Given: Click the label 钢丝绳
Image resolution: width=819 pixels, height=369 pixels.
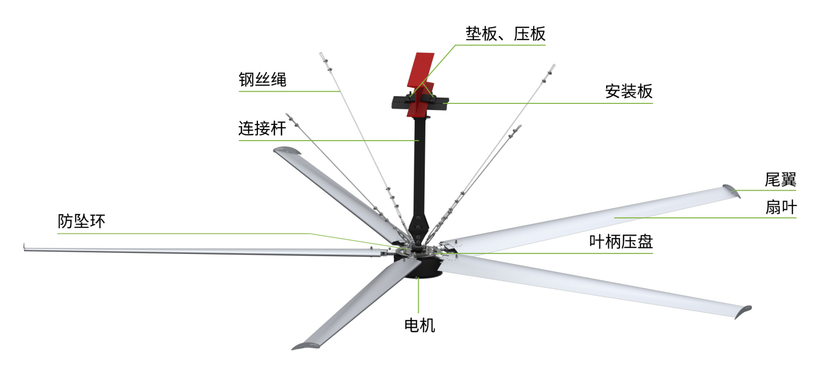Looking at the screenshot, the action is [262, 79].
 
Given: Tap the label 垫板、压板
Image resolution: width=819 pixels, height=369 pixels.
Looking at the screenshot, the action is [505, 33].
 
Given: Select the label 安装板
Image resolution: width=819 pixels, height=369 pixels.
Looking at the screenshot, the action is [628, 91].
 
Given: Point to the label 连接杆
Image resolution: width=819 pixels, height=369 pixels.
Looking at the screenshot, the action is [262, 128].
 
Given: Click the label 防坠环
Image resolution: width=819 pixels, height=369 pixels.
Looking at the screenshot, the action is [81, 221].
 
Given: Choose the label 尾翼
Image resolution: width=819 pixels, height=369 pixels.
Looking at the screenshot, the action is [780, 179].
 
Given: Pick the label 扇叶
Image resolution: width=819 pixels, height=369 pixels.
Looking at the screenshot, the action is [781, 207].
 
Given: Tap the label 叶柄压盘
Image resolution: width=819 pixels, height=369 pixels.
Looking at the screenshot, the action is [621, 242].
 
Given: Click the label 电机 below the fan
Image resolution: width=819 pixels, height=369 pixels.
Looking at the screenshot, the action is [419, 325].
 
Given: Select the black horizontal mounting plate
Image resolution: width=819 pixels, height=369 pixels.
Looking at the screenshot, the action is [420, 103].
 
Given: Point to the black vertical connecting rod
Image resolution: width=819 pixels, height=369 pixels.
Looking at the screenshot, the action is [420, 172].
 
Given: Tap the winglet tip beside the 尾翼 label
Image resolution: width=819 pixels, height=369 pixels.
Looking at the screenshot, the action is [732, 191].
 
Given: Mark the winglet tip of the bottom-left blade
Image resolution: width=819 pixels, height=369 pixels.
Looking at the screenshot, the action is [306, 346].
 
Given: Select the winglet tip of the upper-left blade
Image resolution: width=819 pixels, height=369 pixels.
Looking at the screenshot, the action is [287, 150].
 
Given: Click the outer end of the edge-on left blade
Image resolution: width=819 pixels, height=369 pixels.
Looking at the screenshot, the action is [24, 247].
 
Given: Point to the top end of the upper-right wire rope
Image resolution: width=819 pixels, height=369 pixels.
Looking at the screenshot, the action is [554, 67].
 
